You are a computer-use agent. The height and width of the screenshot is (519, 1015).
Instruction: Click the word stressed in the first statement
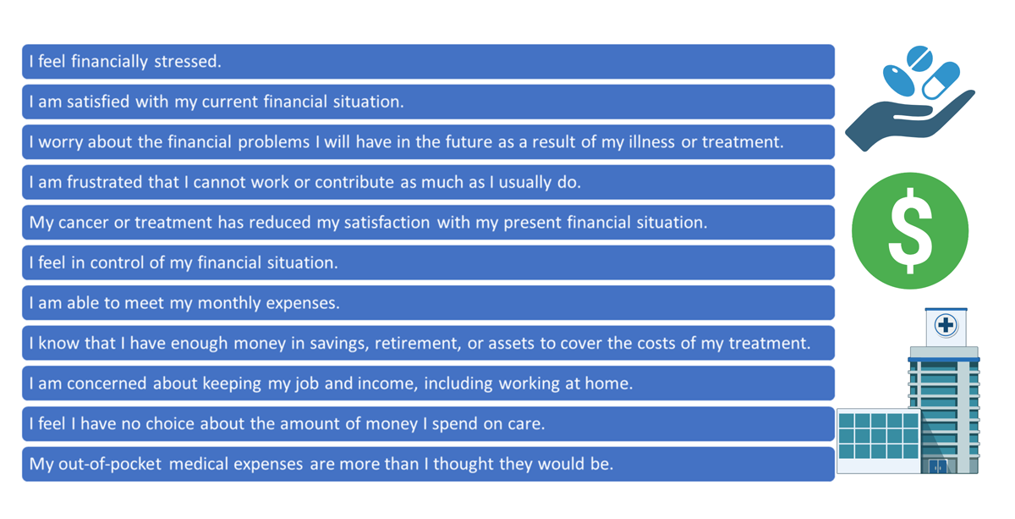point(188,61)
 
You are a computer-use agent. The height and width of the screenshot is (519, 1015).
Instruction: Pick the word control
point(117,262)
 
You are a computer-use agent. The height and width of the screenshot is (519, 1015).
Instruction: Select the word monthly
point(229,303)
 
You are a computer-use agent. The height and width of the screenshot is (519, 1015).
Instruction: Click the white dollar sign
point(910,231)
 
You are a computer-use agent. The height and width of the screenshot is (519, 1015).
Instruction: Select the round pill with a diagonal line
point(920,58)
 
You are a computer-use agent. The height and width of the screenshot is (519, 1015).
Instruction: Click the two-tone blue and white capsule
point(941,80)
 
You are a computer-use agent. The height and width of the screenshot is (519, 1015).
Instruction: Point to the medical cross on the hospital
point(946,325)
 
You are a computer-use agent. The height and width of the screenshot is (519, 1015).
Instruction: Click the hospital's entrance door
point(937,466)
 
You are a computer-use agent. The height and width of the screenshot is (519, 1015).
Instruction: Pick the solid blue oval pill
point(899,80)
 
